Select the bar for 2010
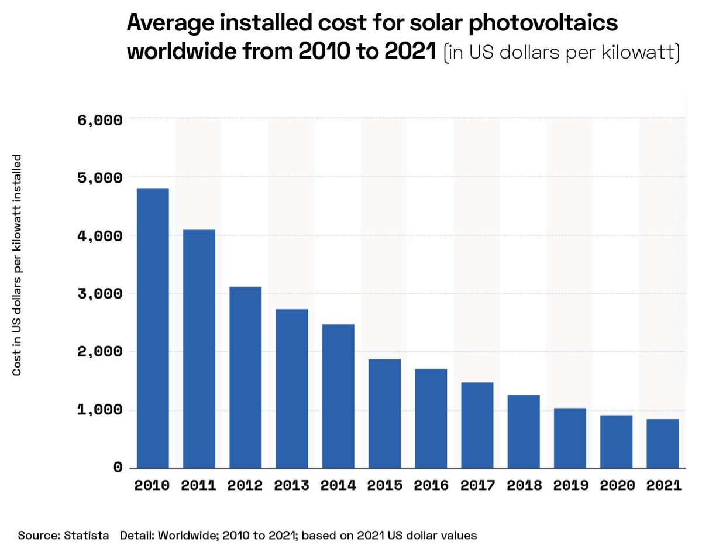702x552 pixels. point(153,328)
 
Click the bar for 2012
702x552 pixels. point(246,378)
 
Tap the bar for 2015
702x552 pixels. point(384,413)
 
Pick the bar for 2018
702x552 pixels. point(524,431)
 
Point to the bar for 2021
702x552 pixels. point(663,443)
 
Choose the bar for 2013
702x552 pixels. point(292,389)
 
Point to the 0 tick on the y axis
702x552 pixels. point(118,467)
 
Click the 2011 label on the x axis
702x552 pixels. point(199,486)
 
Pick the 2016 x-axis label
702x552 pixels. point(431,486)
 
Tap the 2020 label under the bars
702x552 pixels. point(616,486)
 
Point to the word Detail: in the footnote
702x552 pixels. point(139,535)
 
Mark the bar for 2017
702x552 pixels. point(477,425)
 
